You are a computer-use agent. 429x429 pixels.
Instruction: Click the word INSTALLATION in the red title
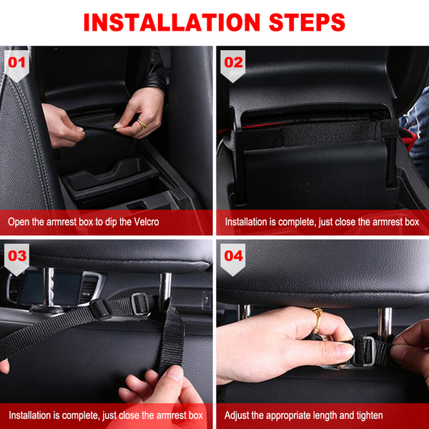172,22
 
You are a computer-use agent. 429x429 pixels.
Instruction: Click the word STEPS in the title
307,22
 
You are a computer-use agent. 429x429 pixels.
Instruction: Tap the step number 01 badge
16,66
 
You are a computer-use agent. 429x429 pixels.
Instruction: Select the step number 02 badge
233,66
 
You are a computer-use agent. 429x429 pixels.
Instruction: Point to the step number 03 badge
16,259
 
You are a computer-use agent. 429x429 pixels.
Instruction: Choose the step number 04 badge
233,259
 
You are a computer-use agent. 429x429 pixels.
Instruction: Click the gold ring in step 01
142,124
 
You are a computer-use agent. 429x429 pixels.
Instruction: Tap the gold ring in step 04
317,320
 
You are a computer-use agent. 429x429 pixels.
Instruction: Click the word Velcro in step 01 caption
147,222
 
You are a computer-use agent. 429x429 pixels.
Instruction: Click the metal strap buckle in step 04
363,351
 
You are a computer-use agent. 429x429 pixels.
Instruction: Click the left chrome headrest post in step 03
49,287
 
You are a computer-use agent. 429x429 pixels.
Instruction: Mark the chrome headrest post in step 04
385,322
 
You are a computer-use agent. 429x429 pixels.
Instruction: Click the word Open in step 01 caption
19,222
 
